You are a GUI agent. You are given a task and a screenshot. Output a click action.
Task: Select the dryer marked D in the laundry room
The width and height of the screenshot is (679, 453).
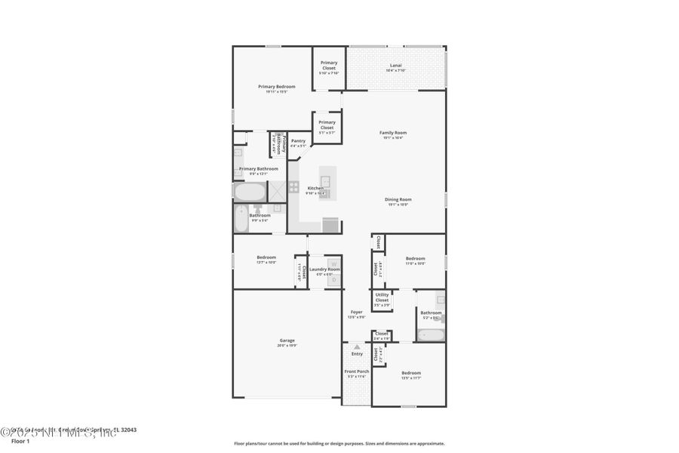coord(333,279)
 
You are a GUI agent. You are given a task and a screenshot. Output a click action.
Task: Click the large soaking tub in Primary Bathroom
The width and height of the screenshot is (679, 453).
coord(249,191)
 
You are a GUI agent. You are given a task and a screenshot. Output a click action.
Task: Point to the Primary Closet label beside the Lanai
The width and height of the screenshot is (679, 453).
coord(329,66)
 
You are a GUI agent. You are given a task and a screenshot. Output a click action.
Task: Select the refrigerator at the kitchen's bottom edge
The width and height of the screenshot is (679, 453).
coord(330,225)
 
